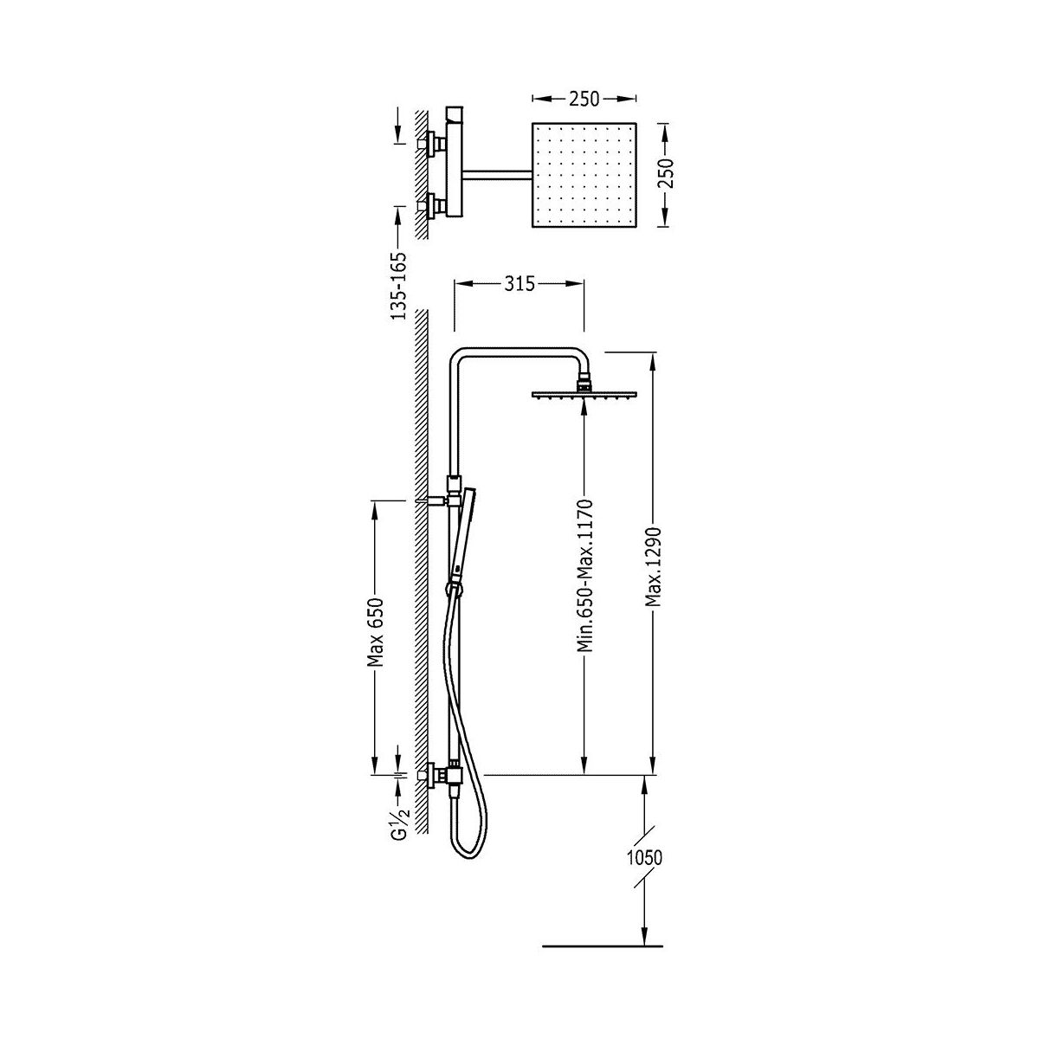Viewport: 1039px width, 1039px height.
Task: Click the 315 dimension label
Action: (x=519, y=284)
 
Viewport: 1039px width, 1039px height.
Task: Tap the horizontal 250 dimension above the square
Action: (x=584, y=99)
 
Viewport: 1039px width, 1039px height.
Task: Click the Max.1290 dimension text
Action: (x=654, y=565)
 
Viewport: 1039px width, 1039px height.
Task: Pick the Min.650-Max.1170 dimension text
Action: (x=584, y=576)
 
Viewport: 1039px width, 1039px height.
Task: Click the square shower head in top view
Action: (x=584, y=175)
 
